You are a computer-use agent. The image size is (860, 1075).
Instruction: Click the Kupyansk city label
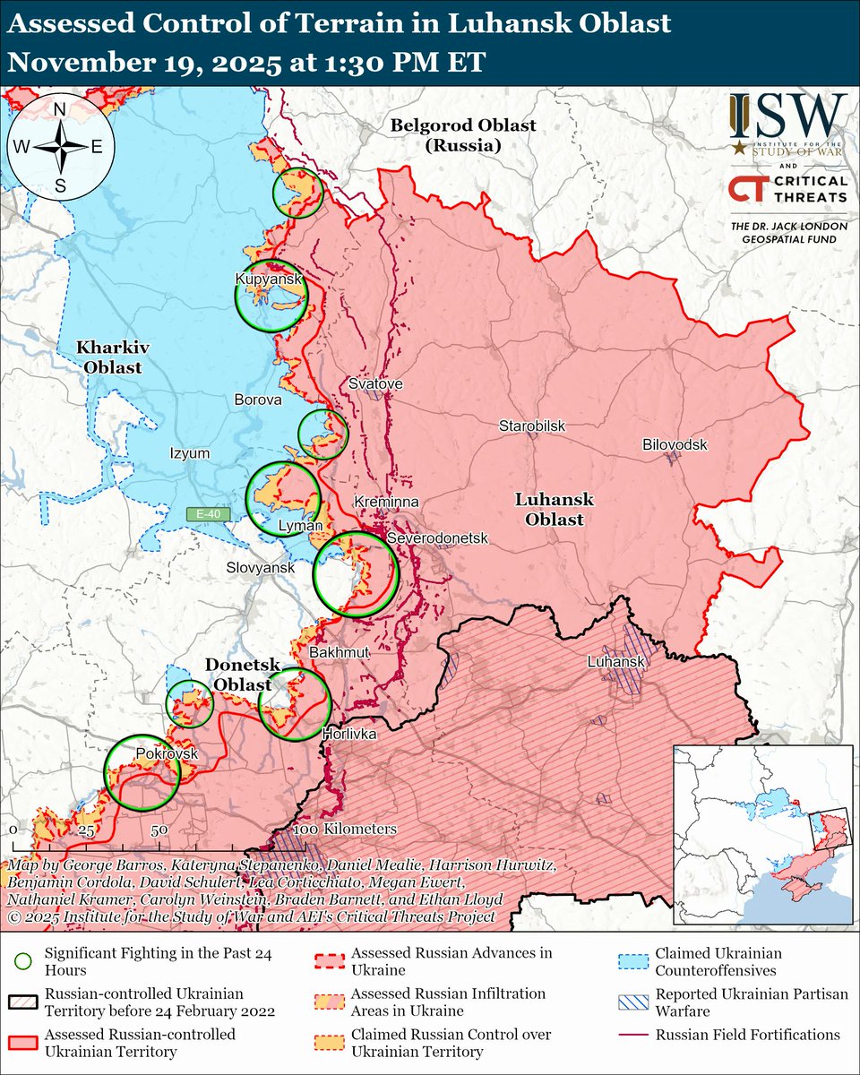click(x=268, y=279)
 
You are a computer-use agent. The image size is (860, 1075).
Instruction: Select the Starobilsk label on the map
click(x=532, y=426)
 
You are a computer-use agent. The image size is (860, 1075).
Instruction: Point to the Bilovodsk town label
click(x=675, y=445)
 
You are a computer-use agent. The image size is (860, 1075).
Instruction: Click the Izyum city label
click(x=190, y=453)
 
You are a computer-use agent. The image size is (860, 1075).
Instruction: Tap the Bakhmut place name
click(x=339, y=653)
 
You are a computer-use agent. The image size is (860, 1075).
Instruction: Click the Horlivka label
click(x=348, y=734)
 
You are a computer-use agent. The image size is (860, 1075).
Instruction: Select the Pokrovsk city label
click(x=166, y=754)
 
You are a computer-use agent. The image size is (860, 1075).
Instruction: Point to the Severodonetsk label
click(x=437, y=537)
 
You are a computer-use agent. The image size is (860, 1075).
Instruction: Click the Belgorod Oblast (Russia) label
click(x=462, y=134)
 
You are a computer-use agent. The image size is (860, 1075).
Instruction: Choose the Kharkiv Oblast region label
click(x=109, y=356)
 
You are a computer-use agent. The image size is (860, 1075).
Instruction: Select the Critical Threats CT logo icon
click(x=746, y=189)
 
